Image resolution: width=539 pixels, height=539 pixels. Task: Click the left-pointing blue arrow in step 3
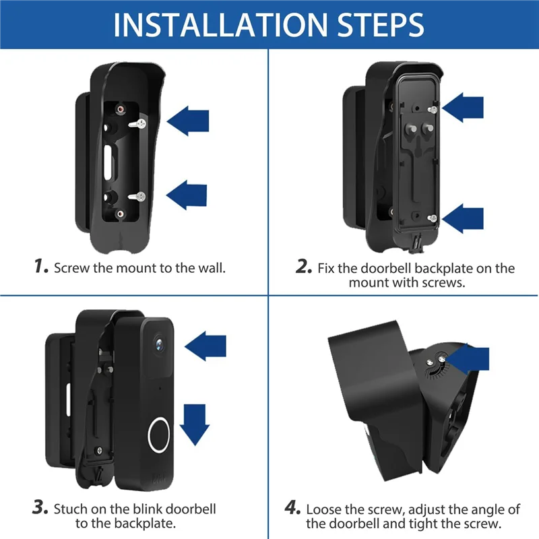[205, 347]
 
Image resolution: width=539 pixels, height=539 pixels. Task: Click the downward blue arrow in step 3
[195, 422]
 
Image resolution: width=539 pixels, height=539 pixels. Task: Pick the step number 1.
[41, 267]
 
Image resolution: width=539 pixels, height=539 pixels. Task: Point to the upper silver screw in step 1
[140, 123]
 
